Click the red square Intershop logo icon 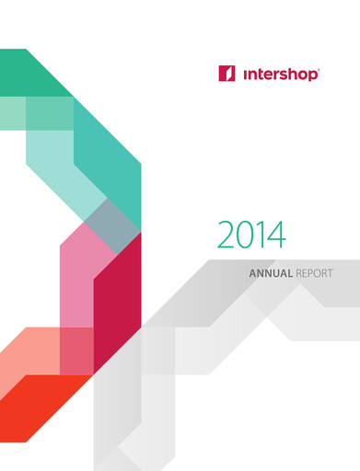click(x=227, y=74)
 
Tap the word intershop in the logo click(x=279, y=74)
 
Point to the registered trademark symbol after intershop click(x=319, y=67)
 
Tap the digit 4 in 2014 click(x=276, y=235)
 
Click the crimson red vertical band click(x=117, y=304)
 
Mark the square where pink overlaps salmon click(x=76, y=350)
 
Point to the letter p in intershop click(x=312, y=75)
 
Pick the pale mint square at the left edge click(x=11, y=111)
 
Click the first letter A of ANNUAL click(x=253, y=273)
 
